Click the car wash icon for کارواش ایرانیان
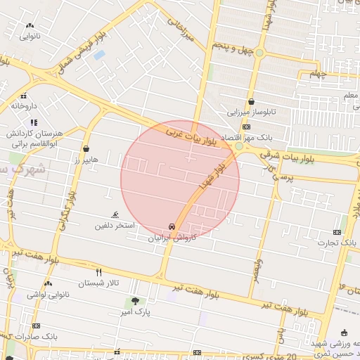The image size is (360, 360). (172, 226)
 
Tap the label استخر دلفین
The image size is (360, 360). (115, 226)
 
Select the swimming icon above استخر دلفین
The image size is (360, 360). (115, 214)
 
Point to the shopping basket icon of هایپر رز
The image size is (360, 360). (86, 149)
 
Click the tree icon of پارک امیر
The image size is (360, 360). (134, 300)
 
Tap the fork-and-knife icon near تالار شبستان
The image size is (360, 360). (98, 272)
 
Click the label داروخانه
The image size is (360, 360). (23, 106)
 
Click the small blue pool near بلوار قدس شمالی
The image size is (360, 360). (99, 54)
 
